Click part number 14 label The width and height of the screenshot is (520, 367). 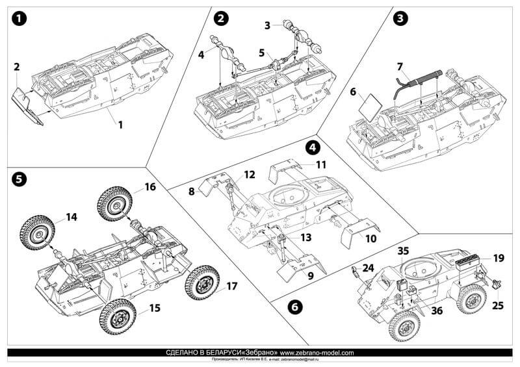coord(71,217)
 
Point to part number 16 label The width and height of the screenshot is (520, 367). coord(149,187)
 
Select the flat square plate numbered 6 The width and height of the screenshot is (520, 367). coord(369,108)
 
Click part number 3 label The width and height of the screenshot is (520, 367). coord(268,25)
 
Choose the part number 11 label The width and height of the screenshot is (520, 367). coord(320,165)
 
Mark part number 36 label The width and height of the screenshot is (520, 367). coord(437,310)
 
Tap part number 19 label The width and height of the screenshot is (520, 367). coord(498,259)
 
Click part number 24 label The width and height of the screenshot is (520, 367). coord(369,268)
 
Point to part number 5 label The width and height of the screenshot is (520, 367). coord(262,52)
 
